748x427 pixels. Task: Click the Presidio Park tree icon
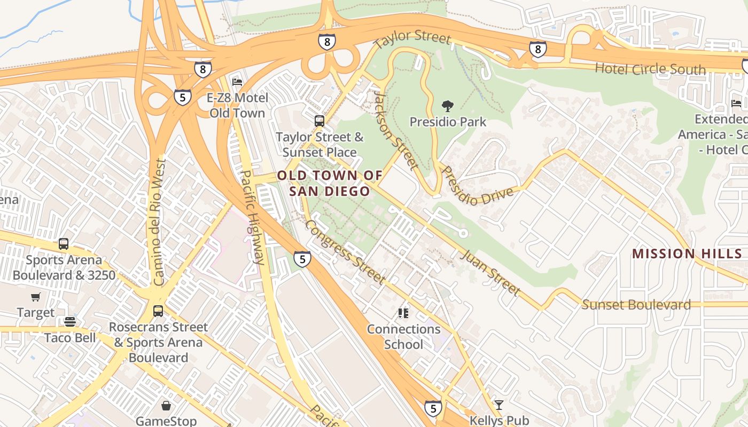[x=448, y=106]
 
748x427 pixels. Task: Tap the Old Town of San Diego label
[x=330, y=183]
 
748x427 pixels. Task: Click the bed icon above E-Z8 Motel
[x=237, y=82]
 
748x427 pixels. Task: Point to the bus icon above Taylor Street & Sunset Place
[x=320, y=121]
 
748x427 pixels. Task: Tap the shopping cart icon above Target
[x=36, y=297]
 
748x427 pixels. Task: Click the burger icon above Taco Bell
[x=70, y=322]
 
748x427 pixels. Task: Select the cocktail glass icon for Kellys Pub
[x=499, y=405]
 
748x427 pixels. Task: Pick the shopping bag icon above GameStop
[x=166, y=406]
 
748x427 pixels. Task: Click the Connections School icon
[x=403, y=313]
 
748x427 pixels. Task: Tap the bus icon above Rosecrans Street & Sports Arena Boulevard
[x=158, y=311]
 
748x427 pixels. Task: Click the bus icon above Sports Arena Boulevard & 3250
[x=64, y=244]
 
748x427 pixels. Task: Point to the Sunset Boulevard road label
[x=636, y=305]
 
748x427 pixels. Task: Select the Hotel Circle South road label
[x=650, y=69]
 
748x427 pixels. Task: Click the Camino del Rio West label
[x=159, y=222]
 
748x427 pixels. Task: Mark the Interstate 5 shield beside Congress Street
[x=302, y=259]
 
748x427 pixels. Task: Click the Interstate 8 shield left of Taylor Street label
[x=326, y=42]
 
